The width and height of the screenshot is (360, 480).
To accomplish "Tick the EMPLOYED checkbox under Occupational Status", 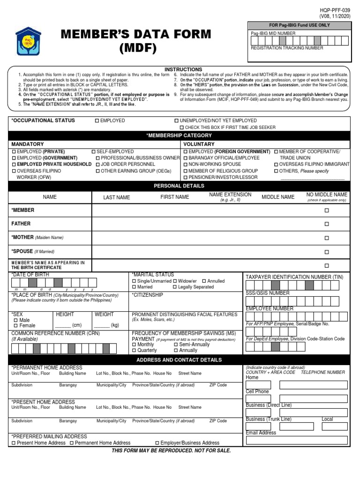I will tap(97, 121).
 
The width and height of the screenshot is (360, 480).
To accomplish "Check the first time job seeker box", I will tap(182, 127).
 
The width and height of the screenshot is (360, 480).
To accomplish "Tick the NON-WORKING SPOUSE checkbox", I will tap(186, 165).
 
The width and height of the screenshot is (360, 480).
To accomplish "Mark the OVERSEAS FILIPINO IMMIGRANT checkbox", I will tap(276, 165).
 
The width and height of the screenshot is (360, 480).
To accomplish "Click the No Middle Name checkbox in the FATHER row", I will tap(327, 224).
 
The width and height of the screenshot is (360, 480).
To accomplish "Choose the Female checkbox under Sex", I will tap(15, 326).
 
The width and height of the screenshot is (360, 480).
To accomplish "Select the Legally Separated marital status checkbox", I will tap(175, 287).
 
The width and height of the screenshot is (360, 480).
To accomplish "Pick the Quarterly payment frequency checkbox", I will tap(135, 350).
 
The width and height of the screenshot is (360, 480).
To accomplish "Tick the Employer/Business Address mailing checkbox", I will tap(157, 443).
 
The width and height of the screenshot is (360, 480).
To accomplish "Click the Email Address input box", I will tap(297, 440).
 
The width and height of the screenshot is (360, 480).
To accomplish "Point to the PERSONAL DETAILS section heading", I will tap(179, 186).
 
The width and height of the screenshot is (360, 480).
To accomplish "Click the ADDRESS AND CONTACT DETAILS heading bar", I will tap(179, 360).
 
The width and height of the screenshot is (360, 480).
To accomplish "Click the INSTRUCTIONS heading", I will tap(183, 69).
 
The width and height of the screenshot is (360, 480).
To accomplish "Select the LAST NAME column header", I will tap(117, 197).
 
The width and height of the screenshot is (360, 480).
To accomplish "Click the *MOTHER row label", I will tap(22, 238).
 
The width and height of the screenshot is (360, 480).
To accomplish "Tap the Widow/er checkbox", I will tap(175, 281).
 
